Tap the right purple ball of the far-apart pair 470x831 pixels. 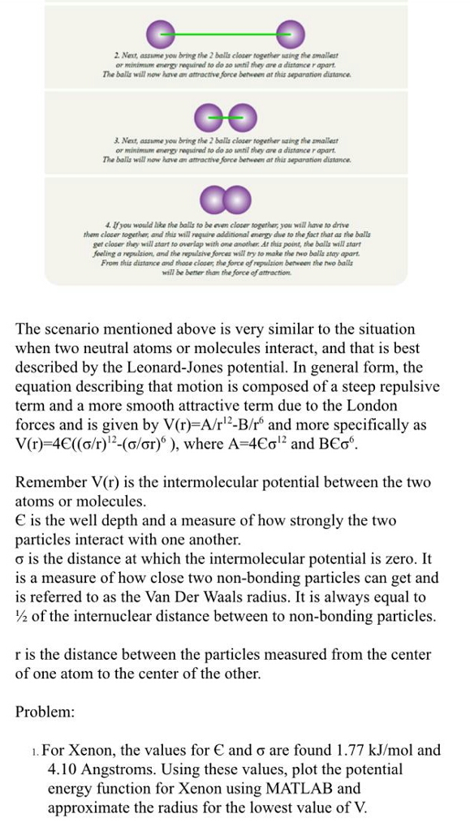coord(290,34)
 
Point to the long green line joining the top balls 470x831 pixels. coord(225,34)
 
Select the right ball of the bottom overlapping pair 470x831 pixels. coord(236,200)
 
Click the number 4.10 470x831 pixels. coord(64,769)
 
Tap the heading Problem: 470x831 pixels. coord(45,712)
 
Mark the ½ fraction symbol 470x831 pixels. coord(22,616)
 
